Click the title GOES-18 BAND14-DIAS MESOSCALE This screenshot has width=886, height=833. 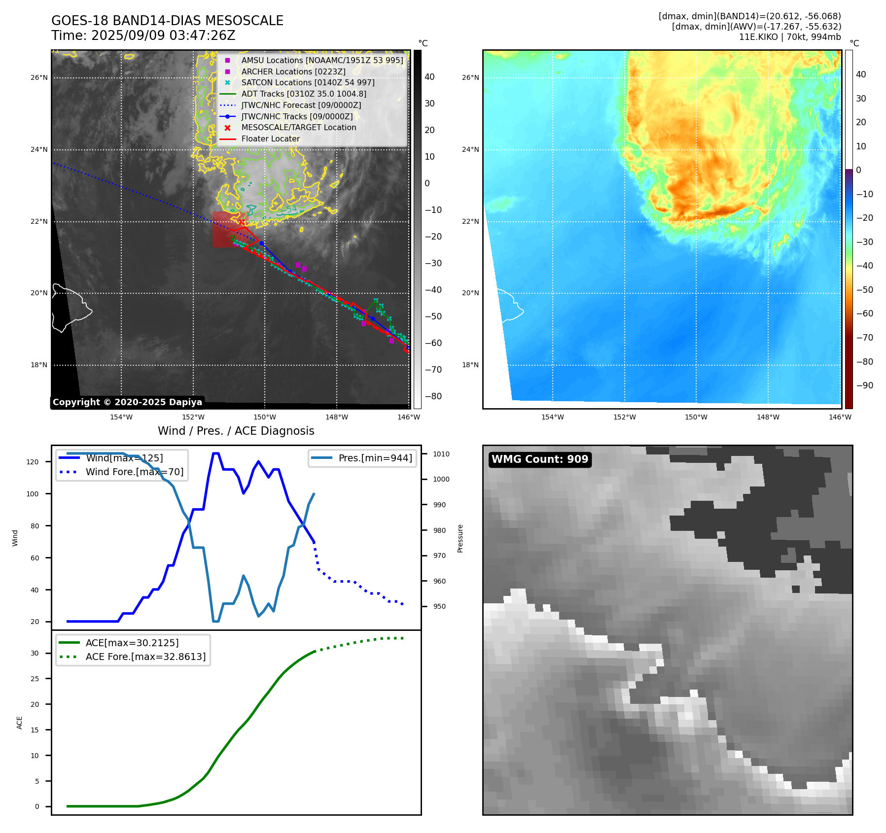coord(167,21)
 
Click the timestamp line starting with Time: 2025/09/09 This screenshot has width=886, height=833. coord(143,35)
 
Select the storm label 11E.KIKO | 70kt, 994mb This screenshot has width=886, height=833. coord(790,37)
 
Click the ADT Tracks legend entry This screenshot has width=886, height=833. coord(303,94)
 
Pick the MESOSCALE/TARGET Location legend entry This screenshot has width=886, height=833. coord(298,127)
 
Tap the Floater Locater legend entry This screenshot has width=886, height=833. coord(270,139)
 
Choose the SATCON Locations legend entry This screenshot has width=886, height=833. coord(308,82)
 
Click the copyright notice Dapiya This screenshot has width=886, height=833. coord(127,402)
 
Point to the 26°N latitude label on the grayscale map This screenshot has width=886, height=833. coord(39,77)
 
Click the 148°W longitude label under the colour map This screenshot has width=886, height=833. coord(768,417)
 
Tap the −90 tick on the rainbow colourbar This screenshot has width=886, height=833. coord(864,385)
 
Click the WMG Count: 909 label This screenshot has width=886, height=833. coord(540,459)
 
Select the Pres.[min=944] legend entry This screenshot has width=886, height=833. coord(375,458)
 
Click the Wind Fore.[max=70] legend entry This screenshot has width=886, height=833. coord(134,472)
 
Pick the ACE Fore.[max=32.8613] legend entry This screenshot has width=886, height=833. coord(145,657)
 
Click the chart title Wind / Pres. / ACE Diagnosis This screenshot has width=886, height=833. coord(236,431)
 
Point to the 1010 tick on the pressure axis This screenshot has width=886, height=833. coord(441,454)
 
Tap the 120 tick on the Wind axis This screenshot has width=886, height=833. coord(32,462)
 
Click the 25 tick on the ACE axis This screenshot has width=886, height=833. coord(35,679)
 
